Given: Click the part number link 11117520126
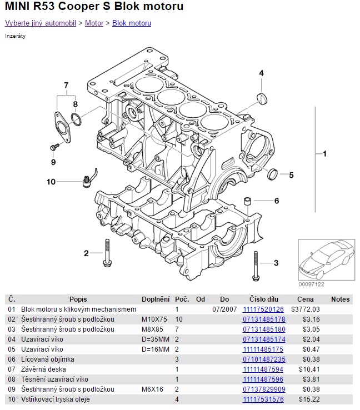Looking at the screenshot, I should [x=263, y=309].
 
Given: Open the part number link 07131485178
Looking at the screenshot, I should [x=264, y=319].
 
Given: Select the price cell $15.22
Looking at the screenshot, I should [x=309, y=399].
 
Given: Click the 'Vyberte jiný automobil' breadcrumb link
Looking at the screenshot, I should [x=41, y=23].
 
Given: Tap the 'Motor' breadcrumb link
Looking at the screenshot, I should [x=94, y=23].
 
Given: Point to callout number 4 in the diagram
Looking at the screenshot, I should [x=261, y=73].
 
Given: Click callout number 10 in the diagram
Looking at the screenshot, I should [x=51, y=182].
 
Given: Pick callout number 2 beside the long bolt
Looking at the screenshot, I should [x=86, y=254].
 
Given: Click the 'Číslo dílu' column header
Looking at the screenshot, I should [x=264, y=299].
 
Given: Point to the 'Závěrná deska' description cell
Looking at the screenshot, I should [x=43, y=369].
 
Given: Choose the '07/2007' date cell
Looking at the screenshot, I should [x=224, y=309].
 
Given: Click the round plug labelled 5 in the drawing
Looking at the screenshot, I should [x=273, y=174].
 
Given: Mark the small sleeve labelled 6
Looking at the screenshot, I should [x=248, y=200].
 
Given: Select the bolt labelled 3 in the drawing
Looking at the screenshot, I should [x=256, y=266].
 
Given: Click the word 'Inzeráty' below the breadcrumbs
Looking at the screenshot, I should [x=15, y=36].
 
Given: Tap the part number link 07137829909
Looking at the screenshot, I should [x=264, y=389].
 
